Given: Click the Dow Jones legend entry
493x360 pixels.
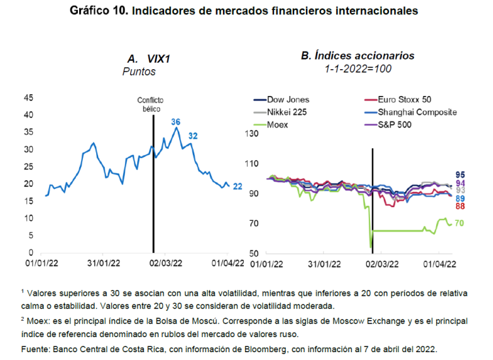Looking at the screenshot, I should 288,100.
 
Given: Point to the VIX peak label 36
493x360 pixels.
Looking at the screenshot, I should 175,122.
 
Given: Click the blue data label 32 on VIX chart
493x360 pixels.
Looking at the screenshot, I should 194,136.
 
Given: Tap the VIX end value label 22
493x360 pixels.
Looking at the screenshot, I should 238,187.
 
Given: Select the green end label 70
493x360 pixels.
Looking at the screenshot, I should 459,223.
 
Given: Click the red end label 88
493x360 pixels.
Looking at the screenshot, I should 460,206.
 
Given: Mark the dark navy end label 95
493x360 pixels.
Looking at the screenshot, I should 460,174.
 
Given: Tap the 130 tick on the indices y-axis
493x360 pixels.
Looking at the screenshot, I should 251,133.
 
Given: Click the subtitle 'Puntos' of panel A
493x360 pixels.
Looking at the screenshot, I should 139,72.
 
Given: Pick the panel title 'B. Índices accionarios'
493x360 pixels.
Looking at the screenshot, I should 358,57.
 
